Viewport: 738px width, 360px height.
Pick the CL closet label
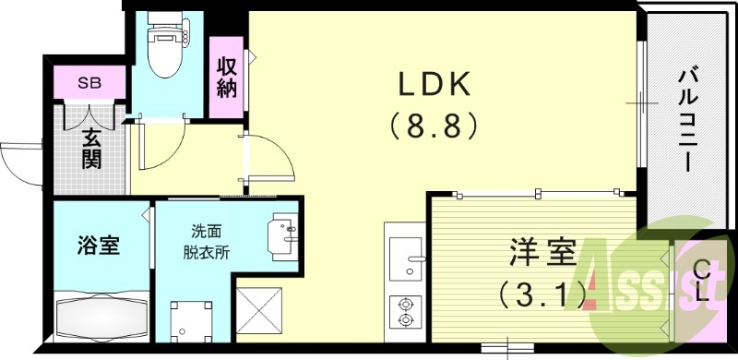[x=701, y=282]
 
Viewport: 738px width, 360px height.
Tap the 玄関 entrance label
[x=91, y=148]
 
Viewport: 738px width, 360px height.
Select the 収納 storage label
[x=228, y=78]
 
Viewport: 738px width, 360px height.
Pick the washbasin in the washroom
[x=285, y=231]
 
